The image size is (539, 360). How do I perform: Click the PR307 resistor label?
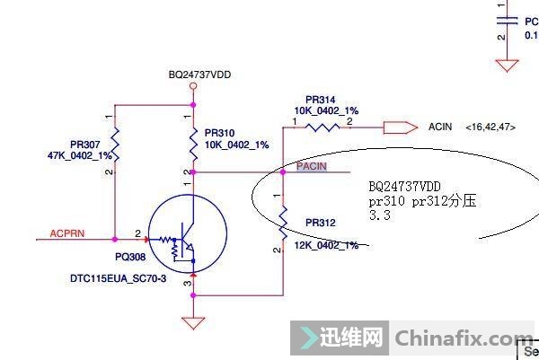click(85, 145)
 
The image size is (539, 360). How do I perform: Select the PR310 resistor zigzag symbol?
click(193, 145)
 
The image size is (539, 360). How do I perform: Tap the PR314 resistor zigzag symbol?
click(323, 127)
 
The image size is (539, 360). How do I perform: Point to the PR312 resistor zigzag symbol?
click(283, 223)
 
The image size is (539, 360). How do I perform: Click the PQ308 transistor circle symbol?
click(188, 233)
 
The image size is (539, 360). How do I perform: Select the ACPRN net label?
click(67, 233)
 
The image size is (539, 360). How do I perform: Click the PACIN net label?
click(312, 166)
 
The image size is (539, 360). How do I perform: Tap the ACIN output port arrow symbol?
click(401, 127)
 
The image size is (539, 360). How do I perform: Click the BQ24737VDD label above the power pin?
click(199, 75)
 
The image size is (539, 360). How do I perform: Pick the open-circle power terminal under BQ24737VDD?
click(193, 86)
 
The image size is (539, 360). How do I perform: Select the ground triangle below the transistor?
click(193, 323)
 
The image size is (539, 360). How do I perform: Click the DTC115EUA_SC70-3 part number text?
click(118, 278)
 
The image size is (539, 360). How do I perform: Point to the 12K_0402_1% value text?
click(326, 245)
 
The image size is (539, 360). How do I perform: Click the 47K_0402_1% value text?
click(80, 155)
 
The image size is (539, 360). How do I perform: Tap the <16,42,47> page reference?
click(490, 127)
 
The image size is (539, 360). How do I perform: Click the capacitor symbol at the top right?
click(507, 21)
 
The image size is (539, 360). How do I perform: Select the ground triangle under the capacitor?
click(507, 66)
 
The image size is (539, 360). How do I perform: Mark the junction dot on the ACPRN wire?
click(115, 239)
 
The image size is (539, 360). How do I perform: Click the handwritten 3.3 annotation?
click(380, 215)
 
